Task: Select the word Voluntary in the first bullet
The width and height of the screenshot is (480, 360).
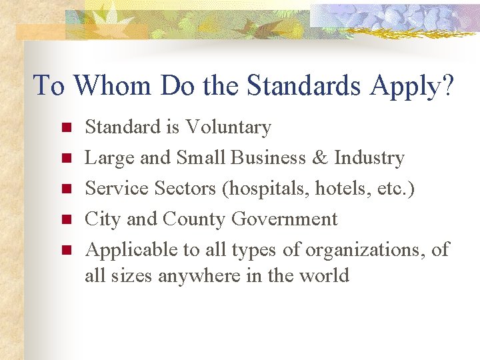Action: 228,127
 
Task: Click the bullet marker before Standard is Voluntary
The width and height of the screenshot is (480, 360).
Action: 65,127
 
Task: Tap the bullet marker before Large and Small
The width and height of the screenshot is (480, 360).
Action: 65,158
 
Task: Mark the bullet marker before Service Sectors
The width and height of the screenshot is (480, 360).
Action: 65,189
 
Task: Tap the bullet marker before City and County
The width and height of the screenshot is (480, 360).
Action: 65,219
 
